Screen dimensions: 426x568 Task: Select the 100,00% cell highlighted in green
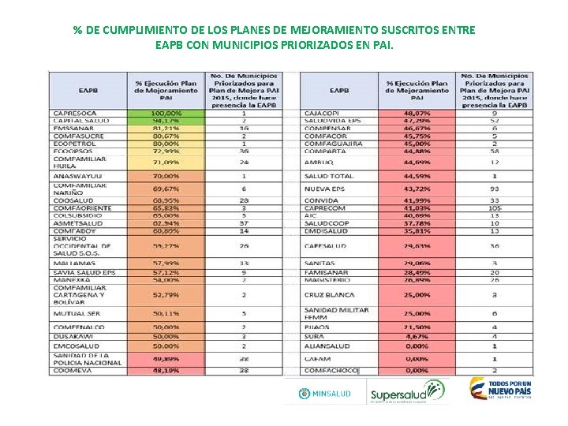pos(166,113)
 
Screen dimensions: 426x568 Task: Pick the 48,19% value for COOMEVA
pos(166,369)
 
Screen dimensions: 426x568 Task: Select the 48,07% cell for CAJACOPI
pos(417,113)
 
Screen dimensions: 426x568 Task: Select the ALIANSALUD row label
pos(327,346)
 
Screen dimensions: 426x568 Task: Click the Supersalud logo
pos(407,391)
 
